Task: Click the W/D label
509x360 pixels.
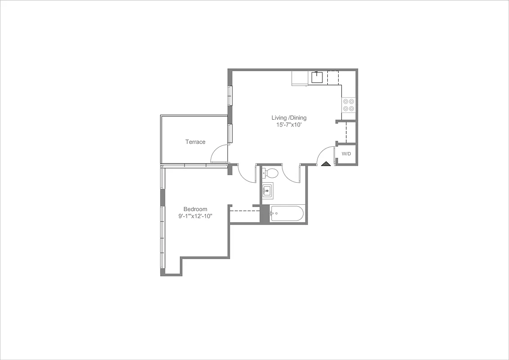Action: [x=346, y=154]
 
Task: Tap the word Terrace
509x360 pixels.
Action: [x=195, y=142]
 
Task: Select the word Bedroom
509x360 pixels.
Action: [x=195, y=209]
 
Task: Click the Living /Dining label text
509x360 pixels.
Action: [x=289, y=118]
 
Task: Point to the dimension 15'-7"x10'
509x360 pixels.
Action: [x=289, y=125]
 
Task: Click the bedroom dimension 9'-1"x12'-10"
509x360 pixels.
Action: [x=195, y=216]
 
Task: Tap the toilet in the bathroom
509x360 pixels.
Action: [x=271, y=173]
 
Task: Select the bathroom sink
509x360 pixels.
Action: [x=268, y=191]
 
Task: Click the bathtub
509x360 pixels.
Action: [x=287, y=213]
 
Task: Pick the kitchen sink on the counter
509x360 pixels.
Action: [x=317, y=77]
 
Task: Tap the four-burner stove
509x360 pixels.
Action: [x=348, y=104]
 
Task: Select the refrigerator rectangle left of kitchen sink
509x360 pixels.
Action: [x=299, y=78]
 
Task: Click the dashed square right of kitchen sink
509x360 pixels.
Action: [x=333, y=77]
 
